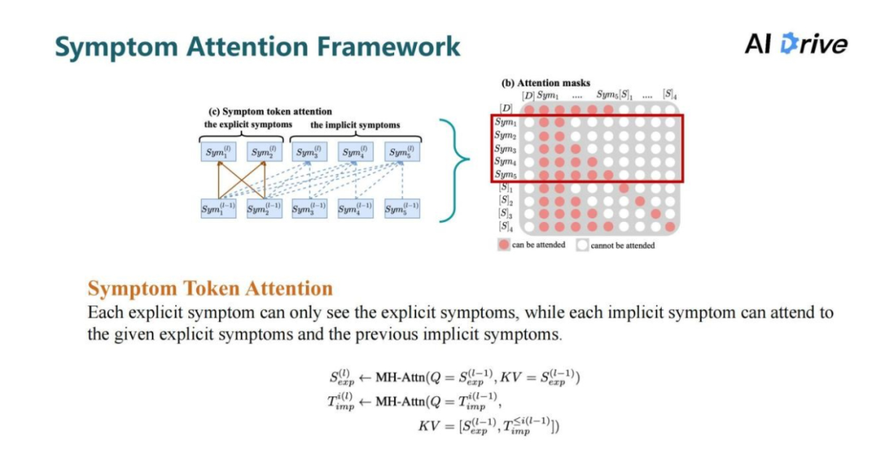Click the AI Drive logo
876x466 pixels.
pyautogui.click(x=796, y=44)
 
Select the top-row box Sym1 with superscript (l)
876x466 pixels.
pyautogui.click(x=218, y=151)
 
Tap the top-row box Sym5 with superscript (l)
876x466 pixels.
pyautogui.click(x=402, y=151)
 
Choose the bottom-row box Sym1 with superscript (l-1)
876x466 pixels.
pyautogui.click(x=218, y=209)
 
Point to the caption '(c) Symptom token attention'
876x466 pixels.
pyautogui.click(x=270, y=111)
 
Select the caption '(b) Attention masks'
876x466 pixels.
pyautogui.click(x=546, y=83)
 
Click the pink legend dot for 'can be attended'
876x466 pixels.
pyautogui.click(x=504, y=244)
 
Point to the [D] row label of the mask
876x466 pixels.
pyautogui.click(x=507, y=109)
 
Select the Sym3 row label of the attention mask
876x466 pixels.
pyautogui.click(x=506, y=148)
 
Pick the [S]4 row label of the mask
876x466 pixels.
pyautogui.click(x=506, y=226)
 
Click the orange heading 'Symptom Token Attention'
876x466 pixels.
pyautogui.click(x=210, y=289)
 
